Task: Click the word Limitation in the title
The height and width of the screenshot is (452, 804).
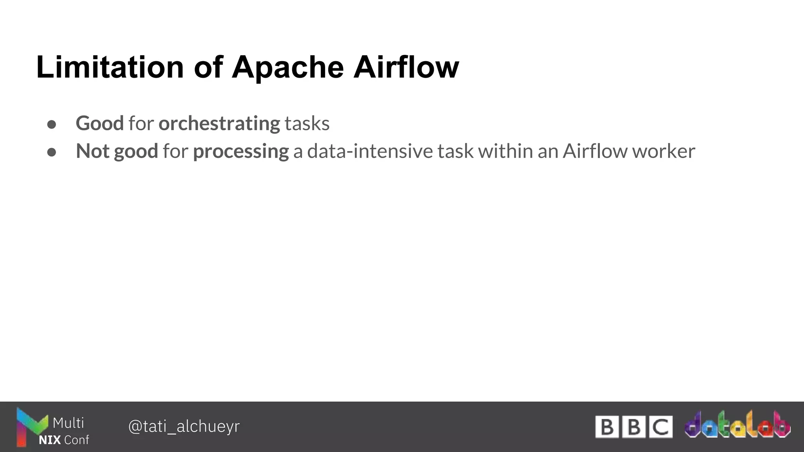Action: click(x=110, y=67)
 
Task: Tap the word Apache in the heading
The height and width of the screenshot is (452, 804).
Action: click(x=288, y=67)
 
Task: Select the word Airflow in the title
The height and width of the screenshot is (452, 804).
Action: click(x=406, y=67)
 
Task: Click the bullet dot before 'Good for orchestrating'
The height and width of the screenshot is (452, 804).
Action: click(x=51, y=124)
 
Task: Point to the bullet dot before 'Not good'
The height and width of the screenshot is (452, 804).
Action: click(x=51, y=152)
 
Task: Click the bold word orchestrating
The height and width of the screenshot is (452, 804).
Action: click(x=219, y=124)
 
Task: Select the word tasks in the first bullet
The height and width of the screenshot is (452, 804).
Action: click(x=307, y=124)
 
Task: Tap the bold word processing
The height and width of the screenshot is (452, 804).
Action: click(x=241, y=151)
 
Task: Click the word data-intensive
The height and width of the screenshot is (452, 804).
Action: click(x=370, y=151)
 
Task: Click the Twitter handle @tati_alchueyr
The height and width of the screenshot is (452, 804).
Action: click(x=184, y=426)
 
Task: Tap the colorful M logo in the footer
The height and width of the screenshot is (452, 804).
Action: click(x=28, y=427)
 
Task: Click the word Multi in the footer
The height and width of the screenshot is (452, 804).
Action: click(x=68, y=423)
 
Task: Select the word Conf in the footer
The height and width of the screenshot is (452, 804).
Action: click(x=77, y=440)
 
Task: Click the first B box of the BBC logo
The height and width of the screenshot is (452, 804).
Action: click(x=607, y=427)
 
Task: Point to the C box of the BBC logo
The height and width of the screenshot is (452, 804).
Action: click(x=660, y=427)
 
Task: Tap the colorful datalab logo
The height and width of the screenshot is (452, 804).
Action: click(x=737, y=425)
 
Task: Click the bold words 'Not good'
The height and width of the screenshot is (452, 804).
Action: click(x=117, y=151)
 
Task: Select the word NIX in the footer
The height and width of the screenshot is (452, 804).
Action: click(x=49, y=440)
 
